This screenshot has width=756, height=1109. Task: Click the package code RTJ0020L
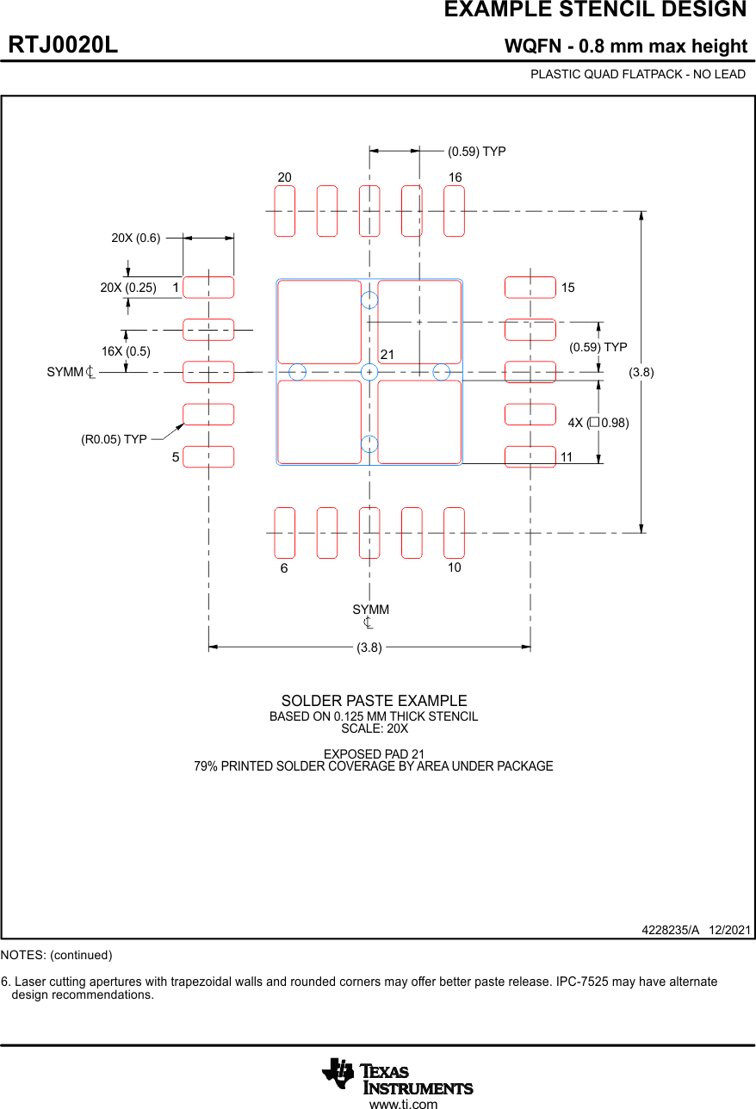(x=63, y=46)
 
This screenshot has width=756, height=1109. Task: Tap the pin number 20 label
(x=284, y=177)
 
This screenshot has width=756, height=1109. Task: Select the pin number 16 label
(x=455, y=177)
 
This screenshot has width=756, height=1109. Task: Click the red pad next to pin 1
(x=208, y=288)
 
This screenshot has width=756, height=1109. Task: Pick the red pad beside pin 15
(x=530, y=288)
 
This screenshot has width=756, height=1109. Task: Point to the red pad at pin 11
(x=530, y=457)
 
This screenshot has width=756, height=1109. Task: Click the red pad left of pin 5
(x=208, y=457)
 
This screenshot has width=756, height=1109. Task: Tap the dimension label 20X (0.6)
(x=135, y=238)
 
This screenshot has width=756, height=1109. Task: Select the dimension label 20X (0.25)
(x=128, y=288)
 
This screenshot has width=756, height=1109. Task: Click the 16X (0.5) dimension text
(x=126, y=351)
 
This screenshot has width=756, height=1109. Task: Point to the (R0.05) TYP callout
(x=114, y=439)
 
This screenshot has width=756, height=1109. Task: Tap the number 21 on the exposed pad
(x=387, y=355)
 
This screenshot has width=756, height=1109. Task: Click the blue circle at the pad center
(x=369, y=372)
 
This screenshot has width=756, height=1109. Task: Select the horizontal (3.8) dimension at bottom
(x=369, y=647)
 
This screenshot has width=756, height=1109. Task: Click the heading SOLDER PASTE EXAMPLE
(x=374, y=701)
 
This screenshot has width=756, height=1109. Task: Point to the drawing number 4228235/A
(x=670, y=930)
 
